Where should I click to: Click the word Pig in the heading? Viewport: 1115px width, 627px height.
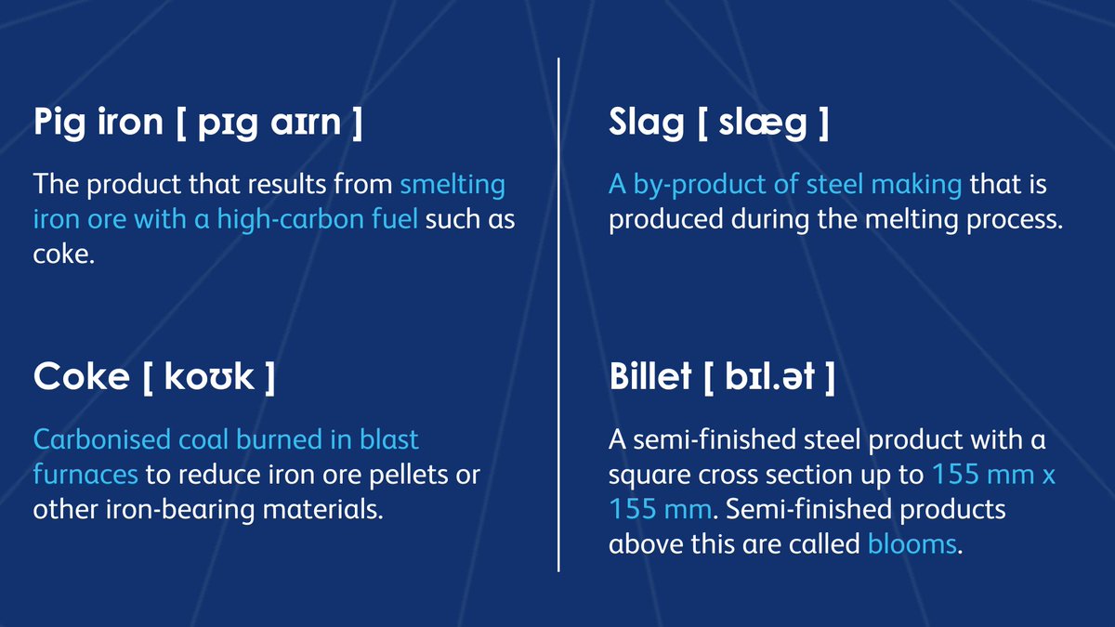coord(61,124)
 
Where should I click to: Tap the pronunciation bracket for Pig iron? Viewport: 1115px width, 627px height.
coord(269,124)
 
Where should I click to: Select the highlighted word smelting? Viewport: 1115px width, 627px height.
coord(453,185)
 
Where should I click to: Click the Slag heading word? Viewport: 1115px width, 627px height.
coord(646,124)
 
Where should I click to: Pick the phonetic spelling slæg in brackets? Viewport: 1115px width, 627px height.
coord(763,124)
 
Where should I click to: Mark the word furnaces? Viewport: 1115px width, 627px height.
coord(85,475)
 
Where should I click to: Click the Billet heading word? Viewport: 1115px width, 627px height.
coord(650,378)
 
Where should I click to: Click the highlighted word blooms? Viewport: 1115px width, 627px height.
coord(911,543)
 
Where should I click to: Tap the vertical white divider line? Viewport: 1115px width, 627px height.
coord(558,316)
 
